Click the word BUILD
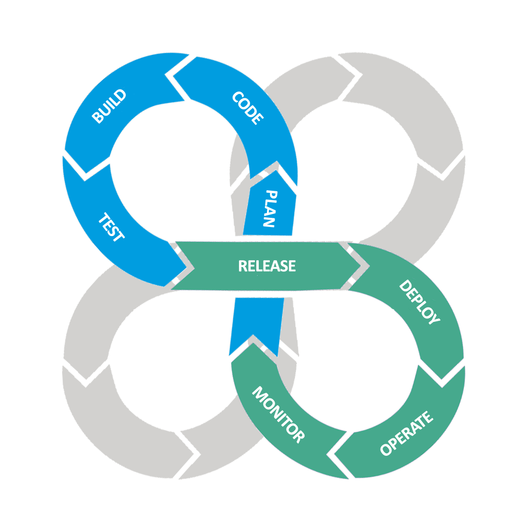[109, 106]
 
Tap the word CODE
[248, 108]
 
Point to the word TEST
[111, 227]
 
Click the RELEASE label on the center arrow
[266, 266]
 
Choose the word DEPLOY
[420, 302]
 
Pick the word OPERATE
[406, 433]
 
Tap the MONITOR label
[278, 414]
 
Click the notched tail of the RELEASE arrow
[185, 266]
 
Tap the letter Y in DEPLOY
[433, 318]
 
